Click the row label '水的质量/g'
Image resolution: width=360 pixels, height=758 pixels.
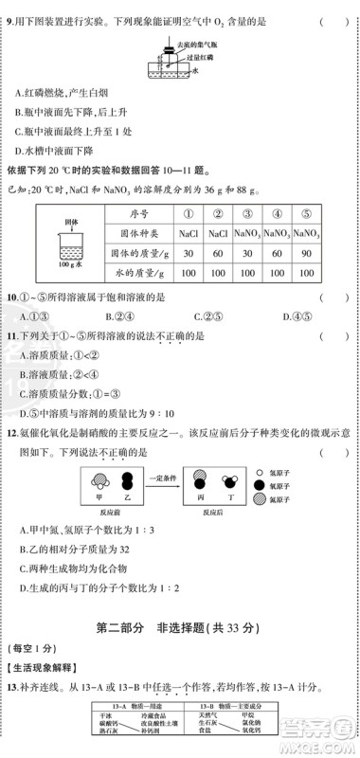point(140,273)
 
